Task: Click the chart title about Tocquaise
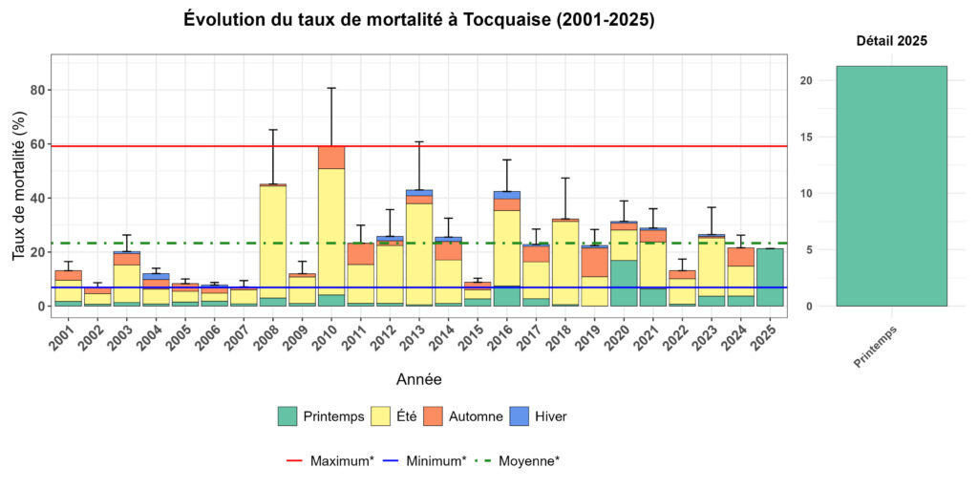click(418, 20)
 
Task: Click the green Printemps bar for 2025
click(770, 277)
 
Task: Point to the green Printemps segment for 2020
click(625, 283)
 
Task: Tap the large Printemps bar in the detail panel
click(891, 185)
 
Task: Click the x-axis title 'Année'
click(418, 379)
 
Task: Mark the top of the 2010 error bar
click(331, 88)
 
